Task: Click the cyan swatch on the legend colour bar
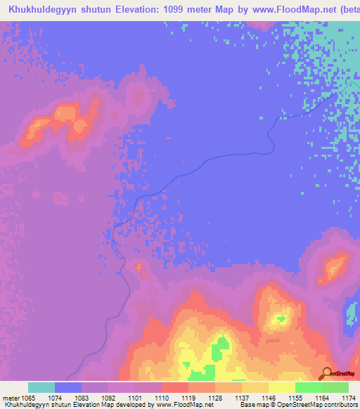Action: [41, 387]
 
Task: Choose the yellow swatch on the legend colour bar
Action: [282, 387]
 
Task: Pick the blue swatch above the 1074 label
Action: [68, 387]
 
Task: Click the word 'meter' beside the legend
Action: [11, 398]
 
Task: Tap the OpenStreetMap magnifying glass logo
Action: [326, 372]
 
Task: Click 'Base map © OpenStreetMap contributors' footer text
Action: [298, 405]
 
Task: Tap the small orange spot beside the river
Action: [138, 267]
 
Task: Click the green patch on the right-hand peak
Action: [282, 318]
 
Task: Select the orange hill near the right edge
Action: [334, 268]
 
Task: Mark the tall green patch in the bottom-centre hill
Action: [222, 346]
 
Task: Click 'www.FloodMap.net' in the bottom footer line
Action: [185, 405]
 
